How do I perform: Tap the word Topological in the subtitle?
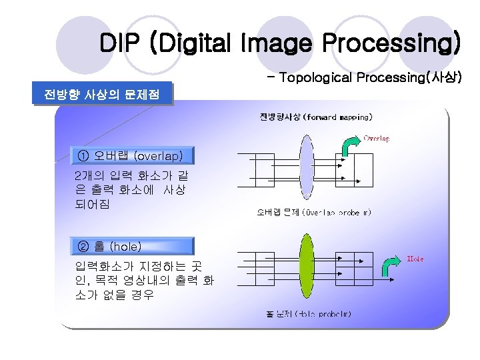[316, 77]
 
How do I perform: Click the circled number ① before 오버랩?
[83, 155]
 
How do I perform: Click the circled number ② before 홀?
[83, 246]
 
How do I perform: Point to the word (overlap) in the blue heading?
[158, 155]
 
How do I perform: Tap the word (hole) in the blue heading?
[125, 246]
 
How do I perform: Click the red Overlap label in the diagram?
[377, 139]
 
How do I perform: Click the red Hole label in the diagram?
[415, 259]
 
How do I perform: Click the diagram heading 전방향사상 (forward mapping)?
[315, 117]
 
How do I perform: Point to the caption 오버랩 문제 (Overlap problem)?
[314, 213]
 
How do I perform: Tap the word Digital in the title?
[191, 43]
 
